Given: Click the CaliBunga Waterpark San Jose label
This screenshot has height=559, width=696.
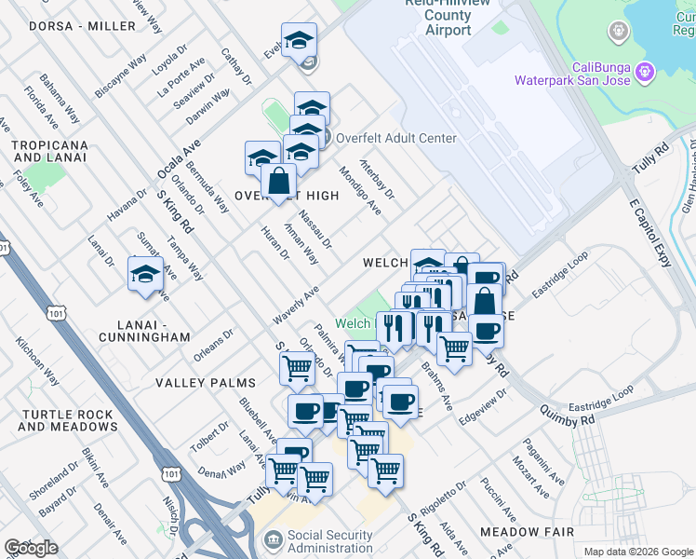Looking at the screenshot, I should point(573,74).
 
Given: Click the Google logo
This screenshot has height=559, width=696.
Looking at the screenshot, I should point(31,548).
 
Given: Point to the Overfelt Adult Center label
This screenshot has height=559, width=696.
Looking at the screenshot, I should point(396,139).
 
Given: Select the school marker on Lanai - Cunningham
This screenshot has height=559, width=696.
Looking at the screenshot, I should point(145,275).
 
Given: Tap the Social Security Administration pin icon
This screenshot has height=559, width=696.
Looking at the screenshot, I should point(273,539).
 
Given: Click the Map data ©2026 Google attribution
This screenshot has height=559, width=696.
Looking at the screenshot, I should point(637,552).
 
